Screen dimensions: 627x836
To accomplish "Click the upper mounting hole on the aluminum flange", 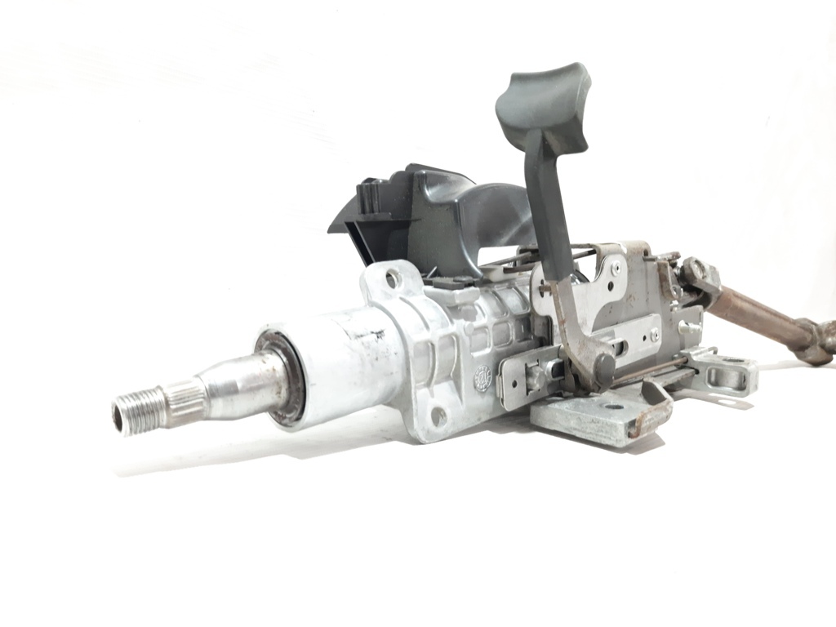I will click(392, 280).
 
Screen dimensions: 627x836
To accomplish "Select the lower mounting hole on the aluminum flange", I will click(438, 416).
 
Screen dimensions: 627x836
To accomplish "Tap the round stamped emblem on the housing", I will click(484, 379).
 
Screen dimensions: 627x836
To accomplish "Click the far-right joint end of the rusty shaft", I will click(820, 343).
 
